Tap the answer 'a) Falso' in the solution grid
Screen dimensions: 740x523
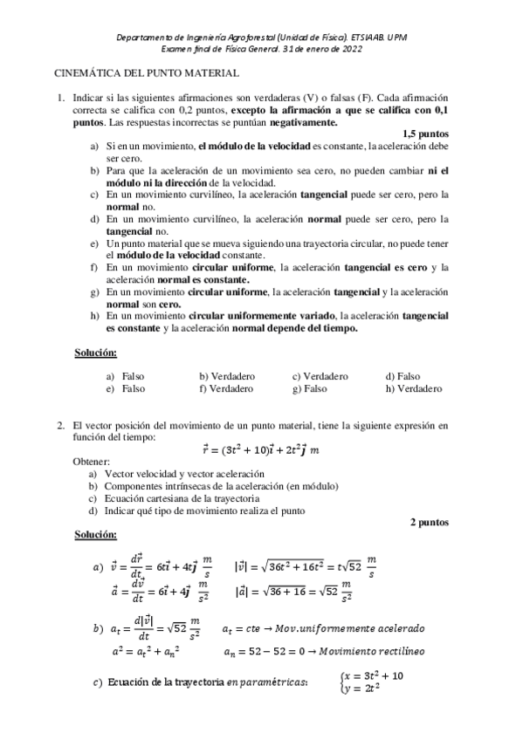pyautogui.click(x=126, y=376)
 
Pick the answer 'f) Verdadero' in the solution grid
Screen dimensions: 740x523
pyautogui.click(x=225, y=388)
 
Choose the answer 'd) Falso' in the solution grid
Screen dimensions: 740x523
pyautogui.click(x=403, y=376)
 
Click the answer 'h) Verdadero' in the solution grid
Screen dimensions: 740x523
pyautogui.click(x=413, y=388)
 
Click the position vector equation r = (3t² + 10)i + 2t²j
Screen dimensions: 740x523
pyautogui.click(x=260, y=450)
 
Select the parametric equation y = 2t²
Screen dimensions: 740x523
pyautogui.click(x=363, y=689)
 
